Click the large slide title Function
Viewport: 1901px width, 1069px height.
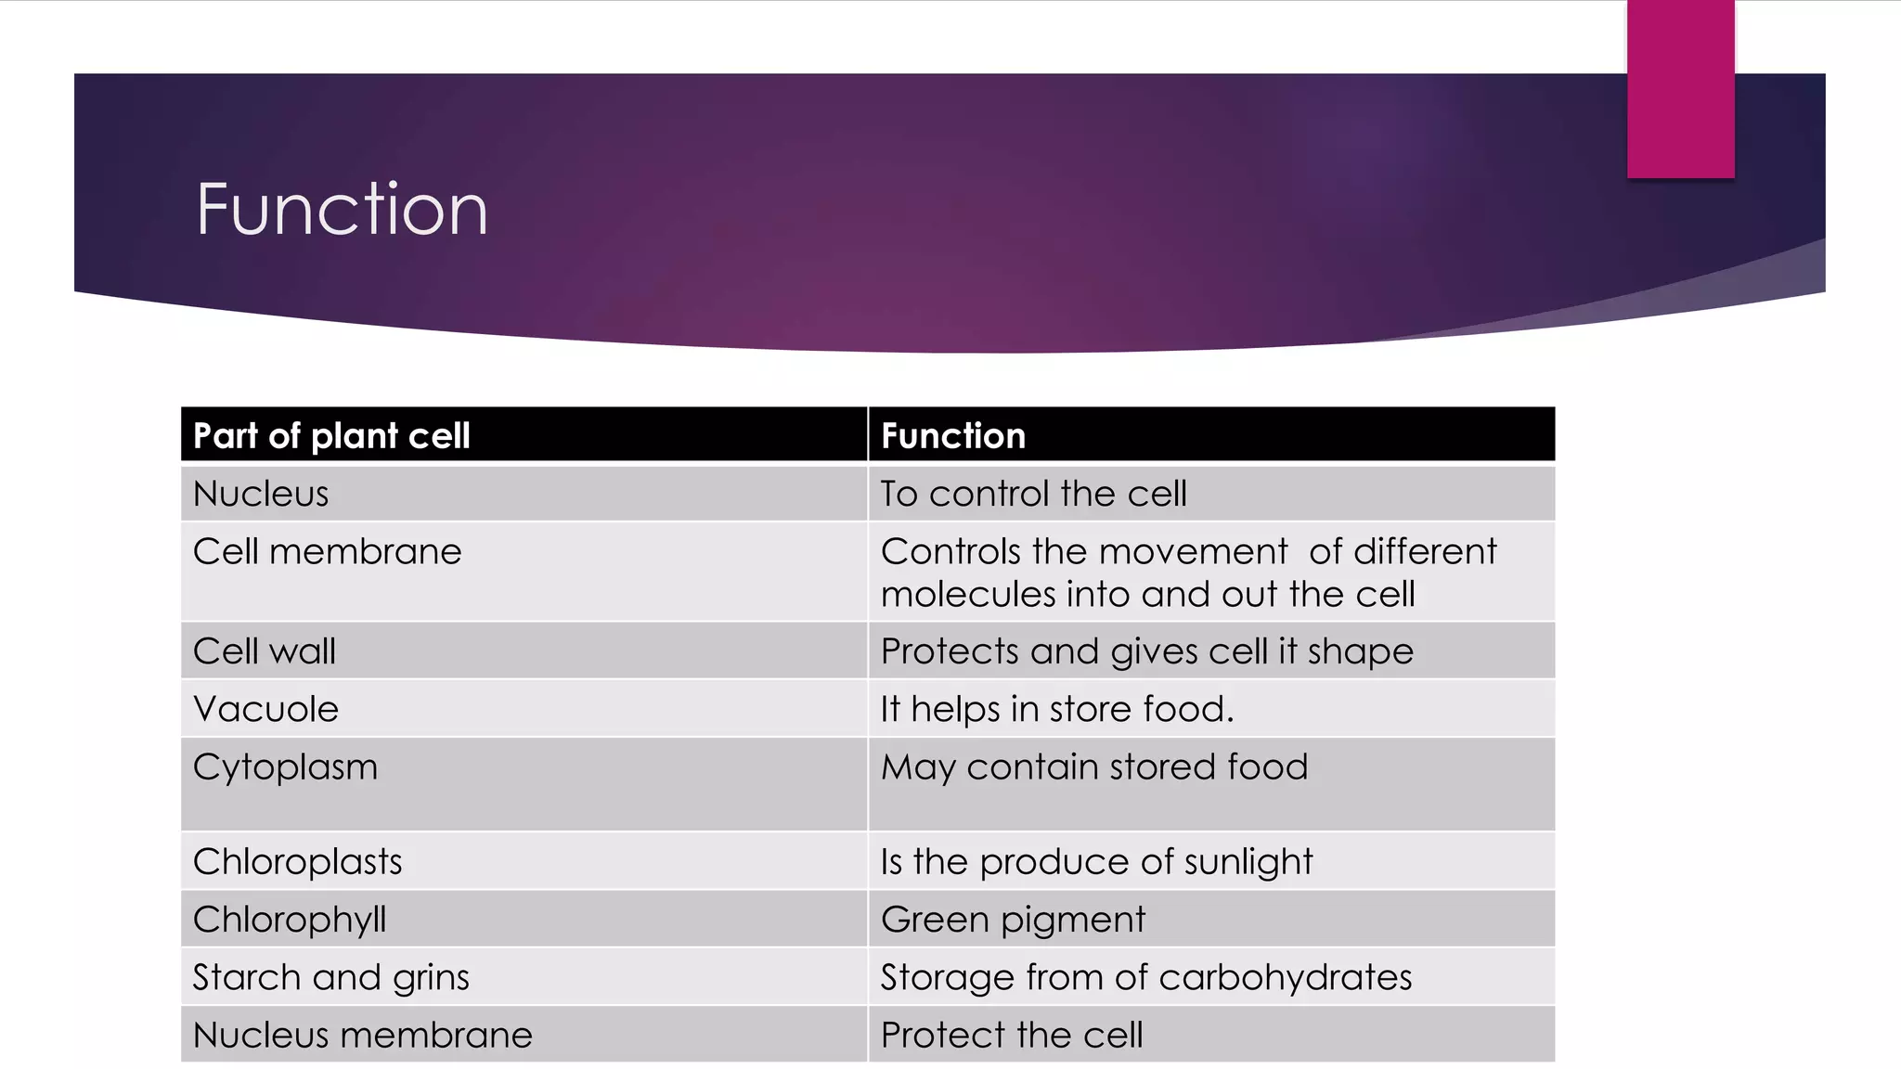342,210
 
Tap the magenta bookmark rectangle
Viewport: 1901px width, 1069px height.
1680,89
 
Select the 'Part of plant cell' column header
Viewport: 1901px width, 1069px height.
331,435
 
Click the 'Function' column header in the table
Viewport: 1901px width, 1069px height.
953,435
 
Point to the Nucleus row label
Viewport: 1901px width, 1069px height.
261,494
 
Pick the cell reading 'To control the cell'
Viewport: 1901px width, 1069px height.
1033,494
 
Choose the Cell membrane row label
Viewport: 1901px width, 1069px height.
327,552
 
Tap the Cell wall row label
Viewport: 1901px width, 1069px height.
265,651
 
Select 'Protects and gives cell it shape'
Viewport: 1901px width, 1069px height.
1146,651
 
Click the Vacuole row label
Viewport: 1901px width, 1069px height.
265,710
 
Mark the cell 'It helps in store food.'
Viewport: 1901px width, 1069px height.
1057,710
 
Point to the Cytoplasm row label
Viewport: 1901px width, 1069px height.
285,767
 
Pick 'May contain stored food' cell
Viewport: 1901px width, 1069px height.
1094,767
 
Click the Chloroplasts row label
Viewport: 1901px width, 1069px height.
297,862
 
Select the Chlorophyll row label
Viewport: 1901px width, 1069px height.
290,920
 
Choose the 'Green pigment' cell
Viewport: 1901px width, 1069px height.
1013,920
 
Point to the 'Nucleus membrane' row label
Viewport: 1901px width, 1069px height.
362,1036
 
